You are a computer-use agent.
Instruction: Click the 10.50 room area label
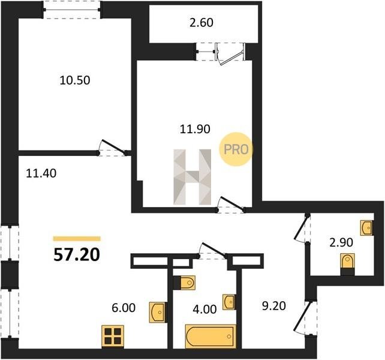[x=75, y=80]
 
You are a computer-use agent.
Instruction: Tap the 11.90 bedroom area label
[x=195, y=129]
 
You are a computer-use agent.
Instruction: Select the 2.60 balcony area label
[x=201, y=23]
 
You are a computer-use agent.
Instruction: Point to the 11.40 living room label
[x=41, y=173]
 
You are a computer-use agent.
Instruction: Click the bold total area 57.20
[x=77, y=254]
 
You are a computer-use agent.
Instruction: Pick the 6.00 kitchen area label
[x=124, y=308]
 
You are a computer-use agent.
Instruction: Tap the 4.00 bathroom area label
[x=204, y=309]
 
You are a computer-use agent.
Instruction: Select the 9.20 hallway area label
[x=274, y=306]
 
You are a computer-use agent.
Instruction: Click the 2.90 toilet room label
[x=341, y=242]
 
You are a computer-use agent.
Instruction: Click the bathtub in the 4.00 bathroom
[x=210, y=337]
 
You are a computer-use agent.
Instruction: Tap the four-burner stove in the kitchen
[x=113, y=337]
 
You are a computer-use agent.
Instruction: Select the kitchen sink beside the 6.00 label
[x=158, y=313]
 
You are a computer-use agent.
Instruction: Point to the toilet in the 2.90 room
[x=347, y=264]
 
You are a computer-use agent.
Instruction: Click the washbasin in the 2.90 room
[x=366, y=228]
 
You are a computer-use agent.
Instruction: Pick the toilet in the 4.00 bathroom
[x=184, y=283]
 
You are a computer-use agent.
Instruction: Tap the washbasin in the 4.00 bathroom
[x=229, y=302]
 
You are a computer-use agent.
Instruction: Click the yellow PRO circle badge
[x=236, y=149]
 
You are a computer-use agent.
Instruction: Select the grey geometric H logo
[x=192, y=177]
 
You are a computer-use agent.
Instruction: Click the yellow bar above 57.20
[x=77, y=238]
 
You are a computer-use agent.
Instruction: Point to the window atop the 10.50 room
[x=72, y=10]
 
